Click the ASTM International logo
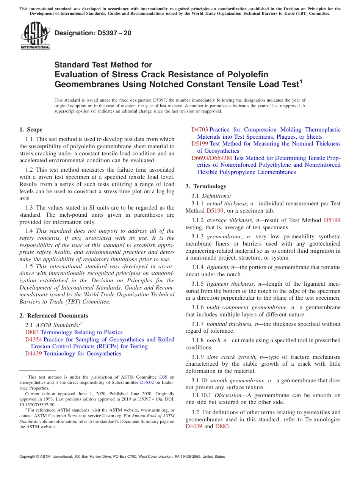click(x=35, y=36)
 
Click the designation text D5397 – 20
click(x=93, y=33)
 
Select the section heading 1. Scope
click(x=31, y=130)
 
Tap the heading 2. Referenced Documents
click(x=54, y=316)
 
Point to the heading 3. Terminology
click(x=206, y=186)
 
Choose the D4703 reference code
click(x=199, y=130)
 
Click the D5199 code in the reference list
click(x=199, y=144)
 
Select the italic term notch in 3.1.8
click(x=214, y=340)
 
